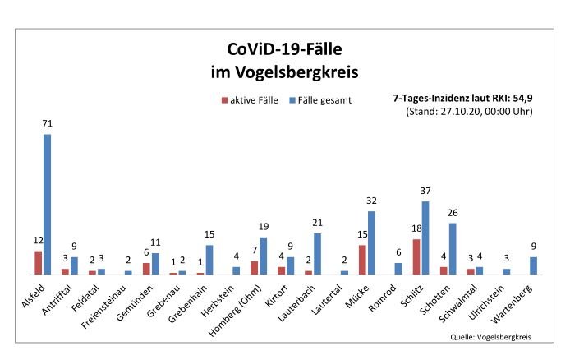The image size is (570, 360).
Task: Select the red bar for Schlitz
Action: pos(416,256)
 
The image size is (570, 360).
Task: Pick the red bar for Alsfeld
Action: pos(38,262)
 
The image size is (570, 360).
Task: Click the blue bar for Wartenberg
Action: pos(534,265)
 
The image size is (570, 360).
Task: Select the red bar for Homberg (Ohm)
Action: pos(255,267)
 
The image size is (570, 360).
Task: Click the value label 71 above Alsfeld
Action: pos(48,123)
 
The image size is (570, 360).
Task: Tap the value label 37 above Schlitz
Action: pos(425,191)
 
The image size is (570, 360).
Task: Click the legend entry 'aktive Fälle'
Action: pos(248,99)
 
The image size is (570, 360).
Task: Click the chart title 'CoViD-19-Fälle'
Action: pos(284,49)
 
